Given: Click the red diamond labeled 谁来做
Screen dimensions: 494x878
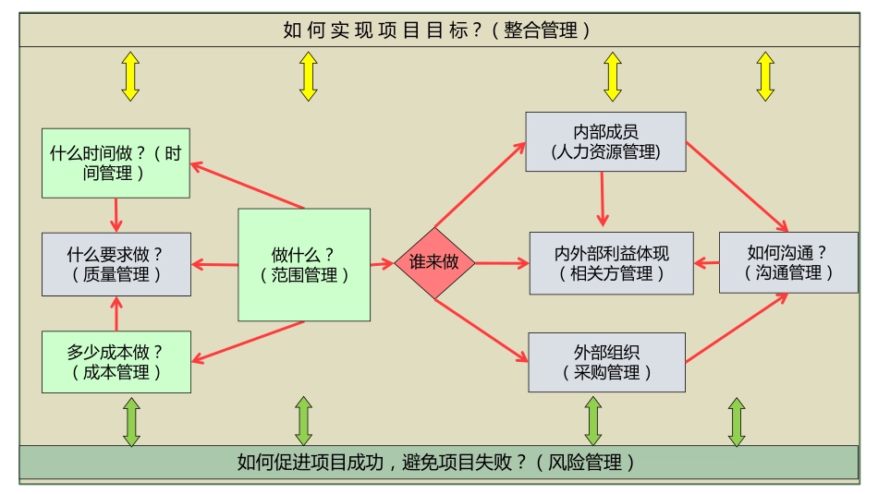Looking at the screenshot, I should (x=434, y=263).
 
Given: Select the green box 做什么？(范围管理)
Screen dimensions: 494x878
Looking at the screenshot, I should (x=304, y=264).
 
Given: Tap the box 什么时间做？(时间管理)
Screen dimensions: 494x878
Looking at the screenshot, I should (x=116, y=163).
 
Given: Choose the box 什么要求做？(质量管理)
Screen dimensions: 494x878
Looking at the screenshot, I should (x=116, y=263).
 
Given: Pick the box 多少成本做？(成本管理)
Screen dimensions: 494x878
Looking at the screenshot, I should (x=116, y=362).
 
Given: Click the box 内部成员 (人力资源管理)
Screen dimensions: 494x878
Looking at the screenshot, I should (x=605, y=141).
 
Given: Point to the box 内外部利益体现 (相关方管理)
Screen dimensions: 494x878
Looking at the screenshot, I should (x=611, y=263).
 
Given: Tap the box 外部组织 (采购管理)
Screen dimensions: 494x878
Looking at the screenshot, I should (x=606, y=362).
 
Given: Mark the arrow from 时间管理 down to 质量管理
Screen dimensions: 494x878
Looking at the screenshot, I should (x=116, y=214).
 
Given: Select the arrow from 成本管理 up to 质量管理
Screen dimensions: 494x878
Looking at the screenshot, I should (x=116, y=313).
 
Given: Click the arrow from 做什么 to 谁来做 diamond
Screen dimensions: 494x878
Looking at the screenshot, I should (x=382, y=264).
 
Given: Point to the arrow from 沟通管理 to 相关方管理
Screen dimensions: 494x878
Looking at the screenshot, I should (x=707, y=263).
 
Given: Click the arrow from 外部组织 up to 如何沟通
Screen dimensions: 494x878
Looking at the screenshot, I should (x=738, y=328).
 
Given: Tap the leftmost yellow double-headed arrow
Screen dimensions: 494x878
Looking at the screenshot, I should (x=130, y=76).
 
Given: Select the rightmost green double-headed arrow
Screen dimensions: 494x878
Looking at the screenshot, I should (x=737, y=422).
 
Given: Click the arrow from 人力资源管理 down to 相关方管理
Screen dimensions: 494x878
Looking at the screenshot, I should (x=603, y=199).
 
